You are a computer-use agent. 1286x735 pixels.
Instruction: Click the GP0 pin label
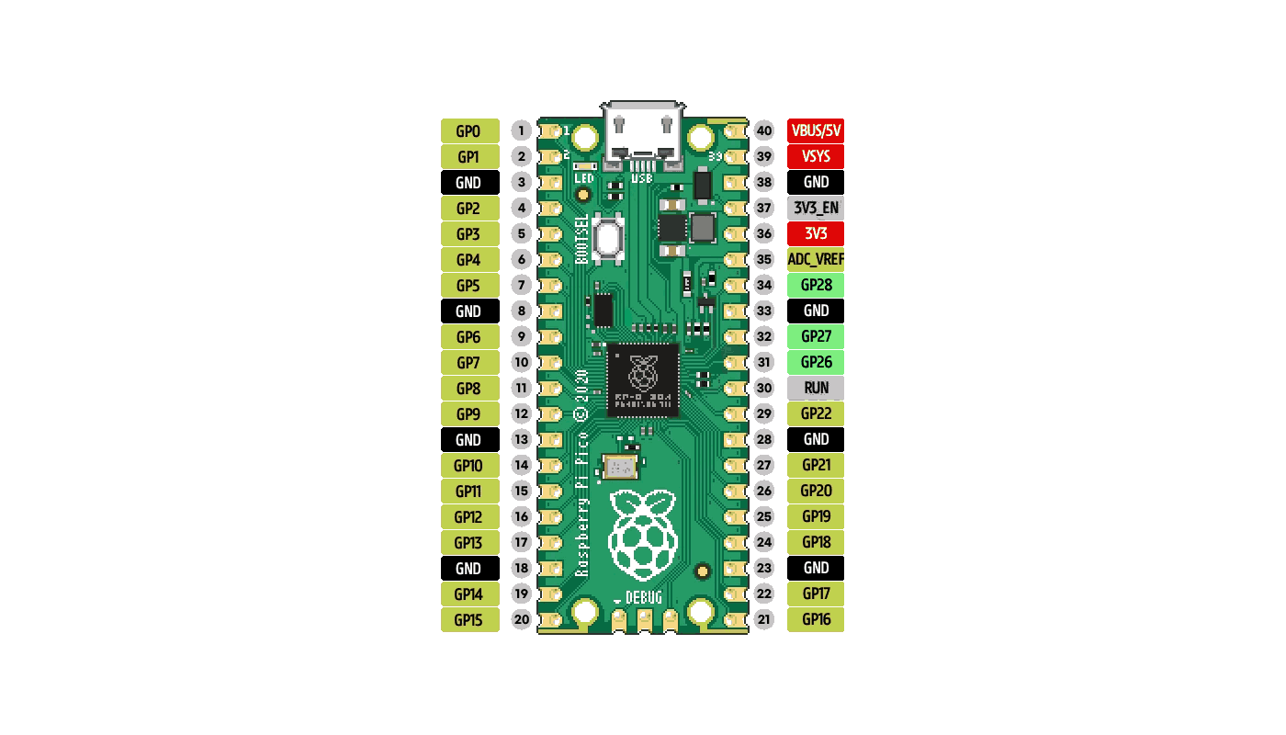pyautogui.click(x=469, y=130)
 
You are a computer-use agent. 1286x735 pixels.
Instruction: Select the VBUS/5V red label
pyautogui.click(x=816, y=130)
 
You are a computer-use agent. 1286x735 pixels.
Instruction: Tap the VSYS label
pyautogui.click(x=816, y=156)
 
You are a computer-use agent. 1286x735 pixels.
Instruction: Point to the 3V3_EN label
pyautogui.click(x=816, y=208)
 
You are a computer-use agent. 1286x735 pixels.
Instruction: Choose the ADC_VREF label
pyautogui.click(x=816, y=259)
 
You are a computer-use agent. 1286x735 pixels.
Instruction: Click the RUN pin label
pyautogui.click(x=816, y=388)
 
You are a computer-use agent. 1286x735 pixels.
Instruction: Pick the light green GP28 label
pyautogui.click(x=816, y=285)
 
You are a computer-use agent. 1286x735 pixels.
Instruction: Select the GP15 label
pyautogui.click(x=469, y=619)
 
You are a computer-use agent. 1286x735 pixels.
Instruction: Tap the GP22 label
pyautogui.click(x=816, y=413)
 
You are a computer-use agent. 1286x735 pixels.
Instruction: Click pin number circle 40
pyautogui.click(x=764, y=130)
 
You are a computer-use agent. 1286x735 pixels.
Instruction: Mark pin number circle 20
pyautogui.click(x=522, y=619)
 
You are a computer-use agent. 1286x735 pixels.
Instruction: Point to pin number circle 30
pyautogui.click(x=764, y=388)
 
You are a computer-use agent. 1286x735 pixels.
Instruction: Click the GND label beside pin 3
pyautogui.click(x=469, y=182)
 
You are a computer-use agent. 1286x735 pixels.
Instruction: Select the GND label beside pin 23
pyautogui.click(x=816, y=568)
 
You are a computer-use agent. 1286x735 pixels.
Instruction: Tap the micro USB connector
pyautogui.click(x=643, y=133)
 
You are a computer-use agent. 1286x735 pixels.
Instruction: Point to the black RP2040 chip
pyautogui.click(x=643, y=379)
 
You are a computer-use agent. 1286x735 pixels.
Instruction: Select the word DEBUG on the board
pyautogui.click(x=644, y=598)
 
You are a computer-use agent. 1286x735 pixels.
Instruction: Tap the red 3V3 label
pyautogui.click(x=816, y=233)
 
